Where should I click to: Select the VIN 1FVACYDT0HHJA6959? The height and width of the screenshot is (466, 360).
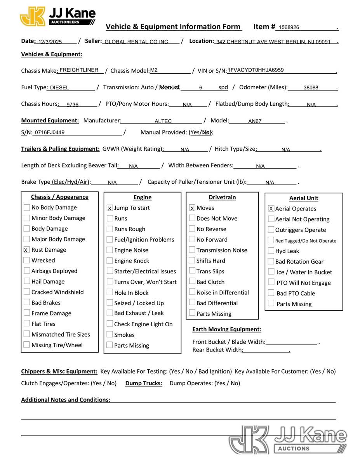pos(256,70)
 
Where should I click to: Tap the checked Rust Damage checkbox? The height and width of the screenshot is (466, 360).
pos(26,250)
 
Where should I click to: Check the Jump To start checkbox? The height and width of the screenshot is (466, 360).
pos(110,208)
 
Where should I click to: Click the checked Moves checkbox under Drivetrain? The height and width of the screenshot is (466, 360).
pos(192,208)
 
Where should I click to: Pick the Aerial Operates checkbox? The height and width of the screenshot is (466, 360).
pos(271,209)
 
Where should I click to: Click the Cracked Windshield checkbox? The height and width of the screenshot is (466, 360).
pos(26,292)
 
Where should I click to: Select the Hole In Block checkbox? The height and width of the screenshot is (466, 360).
pos(110,293)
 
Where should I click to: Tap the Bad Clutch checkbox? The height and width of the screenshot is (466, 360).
pos(192,282)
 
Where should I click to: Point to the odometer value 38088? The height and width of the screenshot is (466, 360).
pos(311,88)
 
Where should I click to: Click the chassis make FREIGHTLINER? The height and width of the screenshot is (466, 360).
pos(79,70)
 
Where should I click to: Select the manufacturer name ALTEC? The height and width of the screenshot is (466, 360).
pos(163,121)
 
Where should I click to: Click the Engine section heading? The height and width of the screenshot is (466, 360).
pos(142,198)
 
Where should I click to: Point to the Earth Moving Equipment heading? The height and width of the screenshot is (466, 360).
pos(226,330)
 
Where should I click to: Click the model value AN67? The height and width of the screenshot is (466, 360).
pos(255,121)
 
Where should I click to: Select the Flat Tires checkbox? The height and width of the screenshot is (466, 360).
pos(26,323)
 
